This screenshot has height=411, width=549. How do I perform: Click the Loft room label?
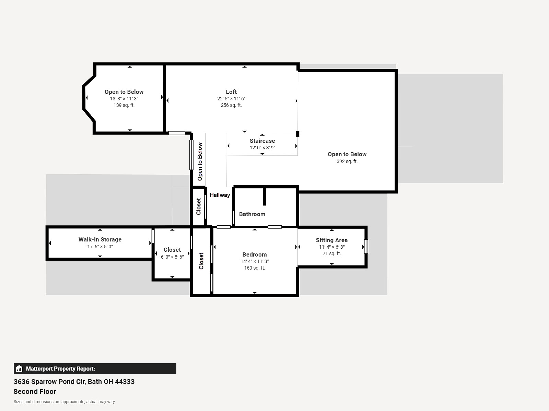231,92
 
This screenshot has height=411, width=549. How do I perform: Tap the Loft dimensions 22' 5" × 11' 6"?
231,99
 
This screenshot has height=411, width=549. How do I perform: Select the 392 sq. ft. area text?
347,161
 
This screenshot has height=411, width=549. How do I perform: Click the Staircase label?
262,141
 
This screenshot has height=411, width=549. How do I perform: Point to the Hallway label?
220,195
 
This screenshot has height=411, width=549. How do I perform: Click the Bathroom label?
252,214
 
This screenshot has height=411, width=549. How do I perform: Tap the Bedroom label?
254,254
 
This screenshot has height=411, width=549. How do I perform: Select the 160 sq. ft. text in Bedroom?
254,268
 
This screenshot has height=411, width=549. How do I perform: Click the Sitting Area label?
332,240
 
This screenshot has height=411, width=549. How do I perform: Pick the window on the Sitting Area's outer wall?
366,247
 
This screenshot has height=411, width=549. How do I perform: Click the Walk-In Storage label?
100,239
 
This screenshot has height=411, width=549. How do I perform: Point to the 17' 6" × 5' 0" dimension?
100,247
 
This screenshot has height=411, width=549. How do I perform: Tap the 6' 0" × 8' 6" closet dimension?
172,257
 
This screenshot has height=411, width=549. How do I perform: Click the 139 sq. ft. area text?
124,105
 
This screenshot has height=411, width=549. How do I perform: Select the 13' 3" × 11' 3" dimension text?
124,99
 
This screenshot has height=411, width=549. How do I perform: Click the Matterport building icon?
19,369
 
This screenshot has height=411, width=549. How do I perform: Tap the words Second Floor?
35,391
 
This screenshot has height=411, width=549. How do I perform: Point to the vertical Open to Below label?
200,161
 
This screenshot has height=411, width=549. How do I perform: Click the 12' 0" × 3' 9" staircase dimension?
262,148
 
